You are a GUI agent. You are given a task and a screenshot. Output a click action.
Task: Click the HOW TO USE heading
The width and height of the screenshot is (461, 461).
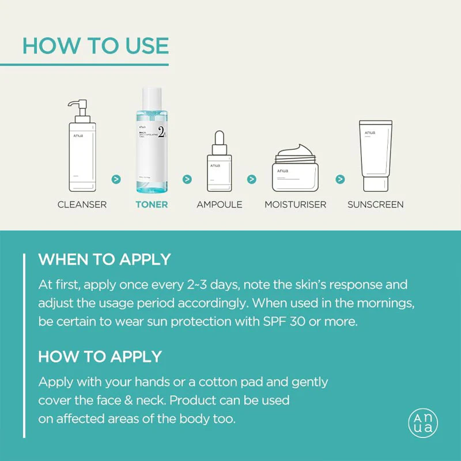[x=95, y=46]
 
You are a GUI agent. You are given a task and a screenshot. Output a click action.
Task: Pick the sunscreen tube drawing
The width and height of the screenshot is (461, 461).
[x=375, y=156]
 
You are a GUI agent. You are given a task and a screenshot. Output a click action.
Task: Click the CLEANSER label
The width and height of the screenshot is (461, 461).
[x=82, y=205]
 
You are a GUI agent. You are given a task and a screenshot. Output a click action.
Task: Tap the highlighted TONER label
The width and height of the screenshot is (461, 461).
[x=152, y=205]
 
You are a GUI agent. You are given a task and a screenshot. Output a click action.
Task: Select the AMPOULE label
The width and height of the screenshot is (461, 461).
[x=220, y=205]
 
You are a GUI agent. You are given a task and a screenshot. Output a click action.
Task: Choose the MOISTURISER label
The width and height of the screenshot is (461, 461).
[x=295, y=205]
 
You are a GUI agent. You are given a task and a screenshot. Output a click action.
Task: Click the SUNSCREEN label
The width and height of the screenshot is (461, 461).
[x=375, y=205]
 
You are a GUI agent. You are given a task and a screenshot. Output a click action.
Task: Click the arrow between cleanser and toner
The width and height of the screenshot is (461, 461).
[x=116, y=179]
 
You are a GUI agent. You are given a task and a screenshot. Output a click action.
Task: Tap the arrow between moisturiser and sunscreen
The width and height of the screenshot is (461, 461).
[x=341, y=179]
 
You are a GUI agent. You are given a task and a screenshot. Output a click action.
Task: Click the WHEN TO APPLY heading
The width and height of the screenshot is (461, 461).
[x=104, y=259]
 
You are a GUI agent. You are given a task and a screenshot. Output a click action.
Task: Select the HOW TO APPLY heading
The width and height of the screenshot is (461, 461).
[x=100, y=356]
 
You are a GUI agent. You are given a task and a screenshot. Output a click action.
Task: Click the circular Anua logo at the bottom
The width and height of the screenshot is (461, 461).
[x=423, y=423]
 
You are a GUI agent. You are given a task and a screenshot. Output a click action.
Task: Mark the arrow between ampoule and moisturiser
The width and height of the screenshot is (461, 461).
[x=252, y=179]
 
